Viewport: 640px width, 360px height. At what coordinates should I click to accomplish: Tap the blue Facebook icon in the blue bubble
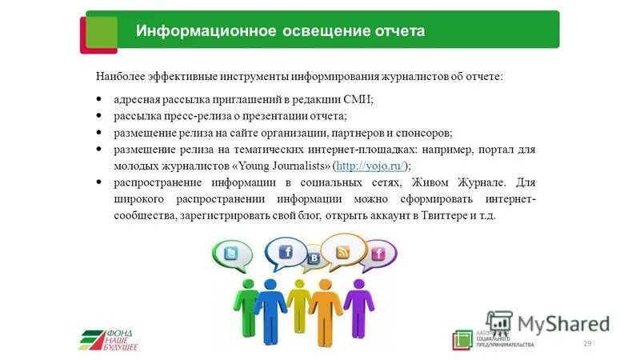point(285,252)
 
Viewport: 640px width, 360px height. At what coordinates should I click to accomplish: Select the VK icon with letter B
point(314,258)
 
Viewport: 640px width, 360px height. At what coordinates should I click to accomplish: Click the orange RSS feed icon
point(343,252)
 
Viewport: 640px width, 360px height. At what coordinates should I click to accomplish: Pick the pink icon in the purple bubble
point(378,254)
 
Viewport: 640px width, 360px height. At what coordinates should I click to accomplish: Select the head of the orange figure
point(326,285)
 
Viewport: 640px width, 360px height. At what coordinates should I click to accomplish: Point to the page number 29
point(587,343)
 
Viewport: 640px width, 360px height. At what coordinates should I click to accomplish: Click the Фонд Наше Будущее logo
point(108,339)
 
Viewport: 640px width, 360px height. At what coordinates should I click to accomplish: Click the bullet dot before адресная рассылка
point(98,99)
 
